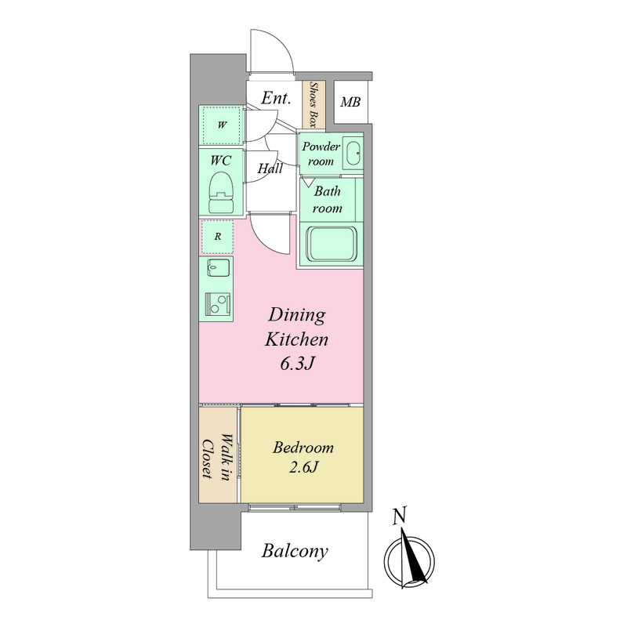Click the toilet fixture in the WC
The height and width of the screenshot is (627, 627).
221,193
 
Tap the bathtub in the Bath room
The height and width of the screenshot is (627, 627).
331,244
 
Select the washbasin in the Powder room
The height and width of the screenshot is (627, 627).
353,153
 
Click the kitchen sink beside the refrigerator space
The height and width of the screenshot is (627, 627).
218,268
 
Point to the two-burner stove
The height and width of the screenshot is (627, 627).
218,303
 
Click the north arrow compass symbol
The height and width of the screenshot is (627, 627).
409,560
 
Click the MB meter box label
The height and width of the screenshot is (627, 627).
350,103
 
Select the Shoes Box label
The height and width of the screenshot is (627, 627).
313,105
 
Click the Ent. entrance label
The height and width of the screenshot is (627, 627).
276,98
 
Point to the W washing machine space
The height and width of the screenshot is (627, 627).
222,125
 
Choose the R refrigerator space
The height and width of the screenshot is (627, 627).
217,237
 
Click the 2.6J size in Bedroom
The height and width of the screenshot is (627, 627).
303,467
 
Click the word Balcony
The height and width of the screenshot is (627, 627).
295,551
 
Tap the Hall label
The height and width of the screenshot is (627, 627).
270,169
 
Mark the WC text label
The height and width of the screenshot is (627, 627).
221,161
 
